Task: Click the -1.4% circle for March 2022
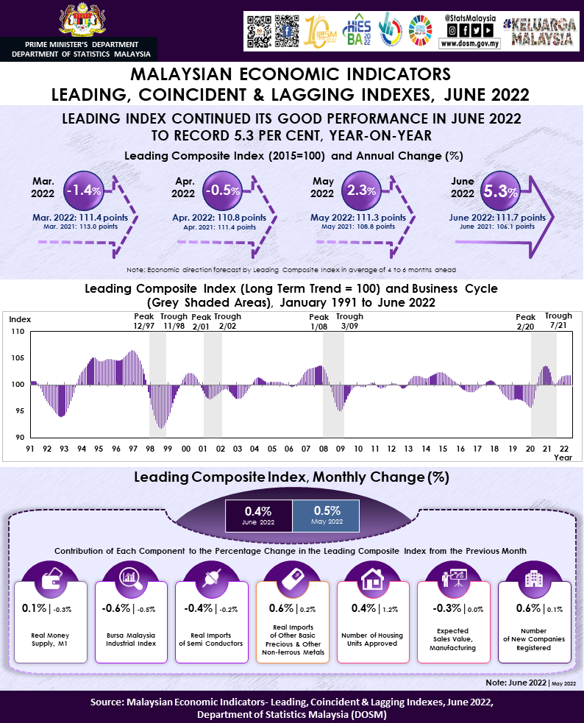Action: click(x=82, y=190)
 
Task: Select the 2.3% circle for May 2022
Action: click(x=360, y=190)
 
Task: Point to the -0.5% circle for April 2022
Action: click(x=221, y=190)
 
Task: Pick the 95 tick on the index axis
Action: click(x=20, y=411)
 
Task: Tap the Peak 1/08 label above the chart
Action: click(x=319, y=321)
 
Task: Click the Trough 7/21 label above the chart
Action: click(x=558, y=321)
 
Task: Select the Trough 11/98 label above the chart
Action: click(x=174, y=321)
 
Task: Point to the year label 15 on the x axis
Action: click(x=443, y=449)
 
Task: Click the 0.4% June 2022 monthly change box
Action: click(x=258, y=514)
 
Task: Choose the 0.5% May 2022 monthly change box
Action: click(x=327, y=514)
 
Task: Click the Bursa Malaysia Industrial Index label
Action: click(x=133, y=638)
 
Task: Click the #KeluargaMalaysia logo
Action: click(x=539, y=31)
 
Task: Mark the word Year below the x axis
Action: click(x=563, y=457)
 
